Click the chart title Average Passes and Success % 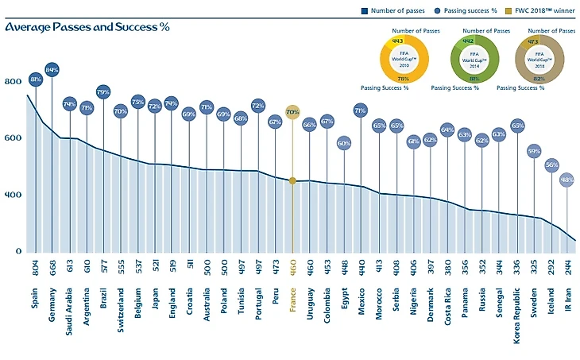pos(87,27)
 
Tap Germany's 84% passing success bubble pos(52,70)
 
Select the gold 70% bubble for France pos(292,113)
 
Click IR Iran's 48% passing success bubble pos(568,180)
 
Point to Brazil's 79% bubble pos(103,92)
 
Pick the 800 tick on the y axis pos(13,82)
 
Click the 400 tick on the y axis pos(13,195)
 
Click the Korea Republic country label pos(517,316)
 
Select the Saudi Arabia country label pos(70,316)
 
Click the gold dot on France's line pos(292,181)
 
